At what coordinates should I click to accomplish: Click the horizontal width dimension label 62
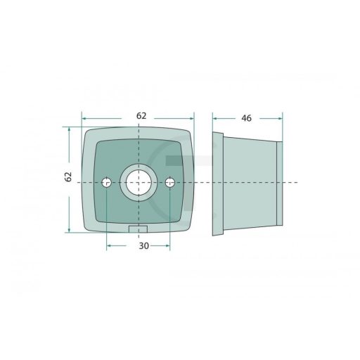141,116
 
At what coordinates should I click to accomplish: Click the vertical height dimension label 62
68,176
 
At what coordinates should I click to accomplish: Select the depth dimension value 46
246,118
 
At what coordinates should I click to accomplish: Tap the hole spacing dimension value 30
144,246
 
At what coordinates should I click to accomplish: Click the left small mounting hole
107,182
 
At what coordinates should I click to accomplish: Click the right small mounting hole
170,182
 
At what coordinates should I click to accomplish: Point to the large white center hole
139,183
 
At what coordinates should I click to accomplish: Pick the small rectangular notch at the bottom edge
138,229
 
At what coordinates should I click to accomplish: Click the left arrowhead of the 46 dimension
214,119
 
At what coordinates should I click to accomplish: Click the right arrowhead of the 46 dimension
280,119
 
